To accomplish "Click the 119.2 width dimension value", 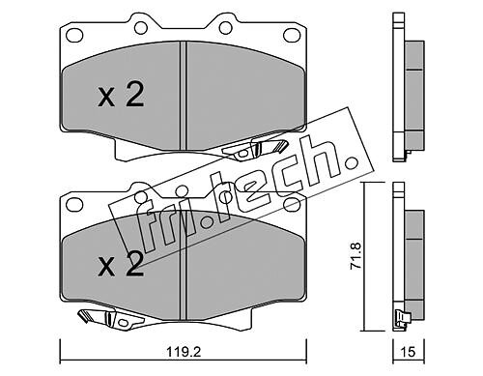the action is click(184, 352).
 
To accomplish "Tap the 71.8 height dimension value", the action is click(356, 256).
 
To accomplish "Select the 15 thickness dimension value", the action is click(409, 352).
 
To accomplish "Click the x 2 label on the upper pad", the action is click(121, 96).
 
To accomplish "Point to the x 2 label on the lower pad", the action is click(121, 265).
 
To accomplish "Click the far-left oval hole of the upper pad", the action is click(74, 34).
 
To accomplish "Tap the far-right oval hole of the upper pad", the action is click(292, 35).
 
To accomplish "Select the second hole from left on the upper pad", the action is click(141, 28).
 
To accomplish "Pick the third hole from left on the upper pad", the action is click(226, 28).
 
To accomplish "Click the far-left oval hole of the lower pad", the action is click(74, 204).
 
